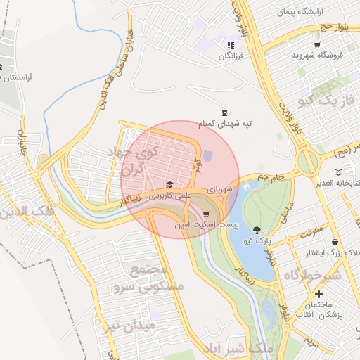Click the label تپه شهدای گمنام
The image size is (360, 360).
(x=225, y=124)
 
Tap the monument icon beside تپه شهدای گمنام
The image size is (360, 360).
(x=225, y=112)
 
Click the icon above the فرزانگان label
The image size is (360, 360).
(x=229, y=45)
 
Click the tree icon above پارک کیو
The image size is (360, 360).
(x=257, y=230)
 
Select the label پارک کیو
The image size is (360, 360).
(x=257, y=240)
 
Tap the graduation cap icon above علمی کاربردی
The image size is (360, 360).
(x=169, y=184)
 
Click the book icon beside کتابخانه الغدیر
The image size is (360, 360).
(x=340, y=172)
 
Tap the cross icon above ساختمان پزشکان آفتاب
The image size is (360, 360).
(x=319, y=294)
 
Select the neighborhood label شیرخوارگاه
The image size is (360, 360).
(x=312, y=276)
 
